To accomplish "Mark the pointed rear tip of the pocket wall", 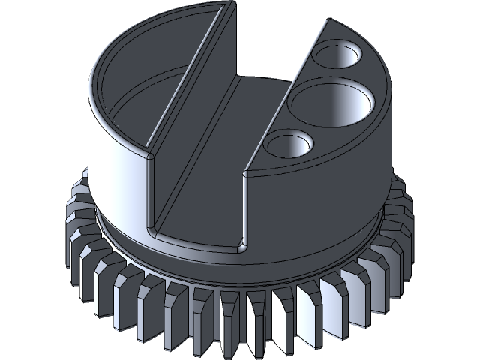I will point(223,6).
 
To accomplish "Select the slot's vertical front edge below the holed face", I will point(244,210).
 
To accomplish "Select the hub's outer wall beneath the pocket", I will point(112,165).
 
